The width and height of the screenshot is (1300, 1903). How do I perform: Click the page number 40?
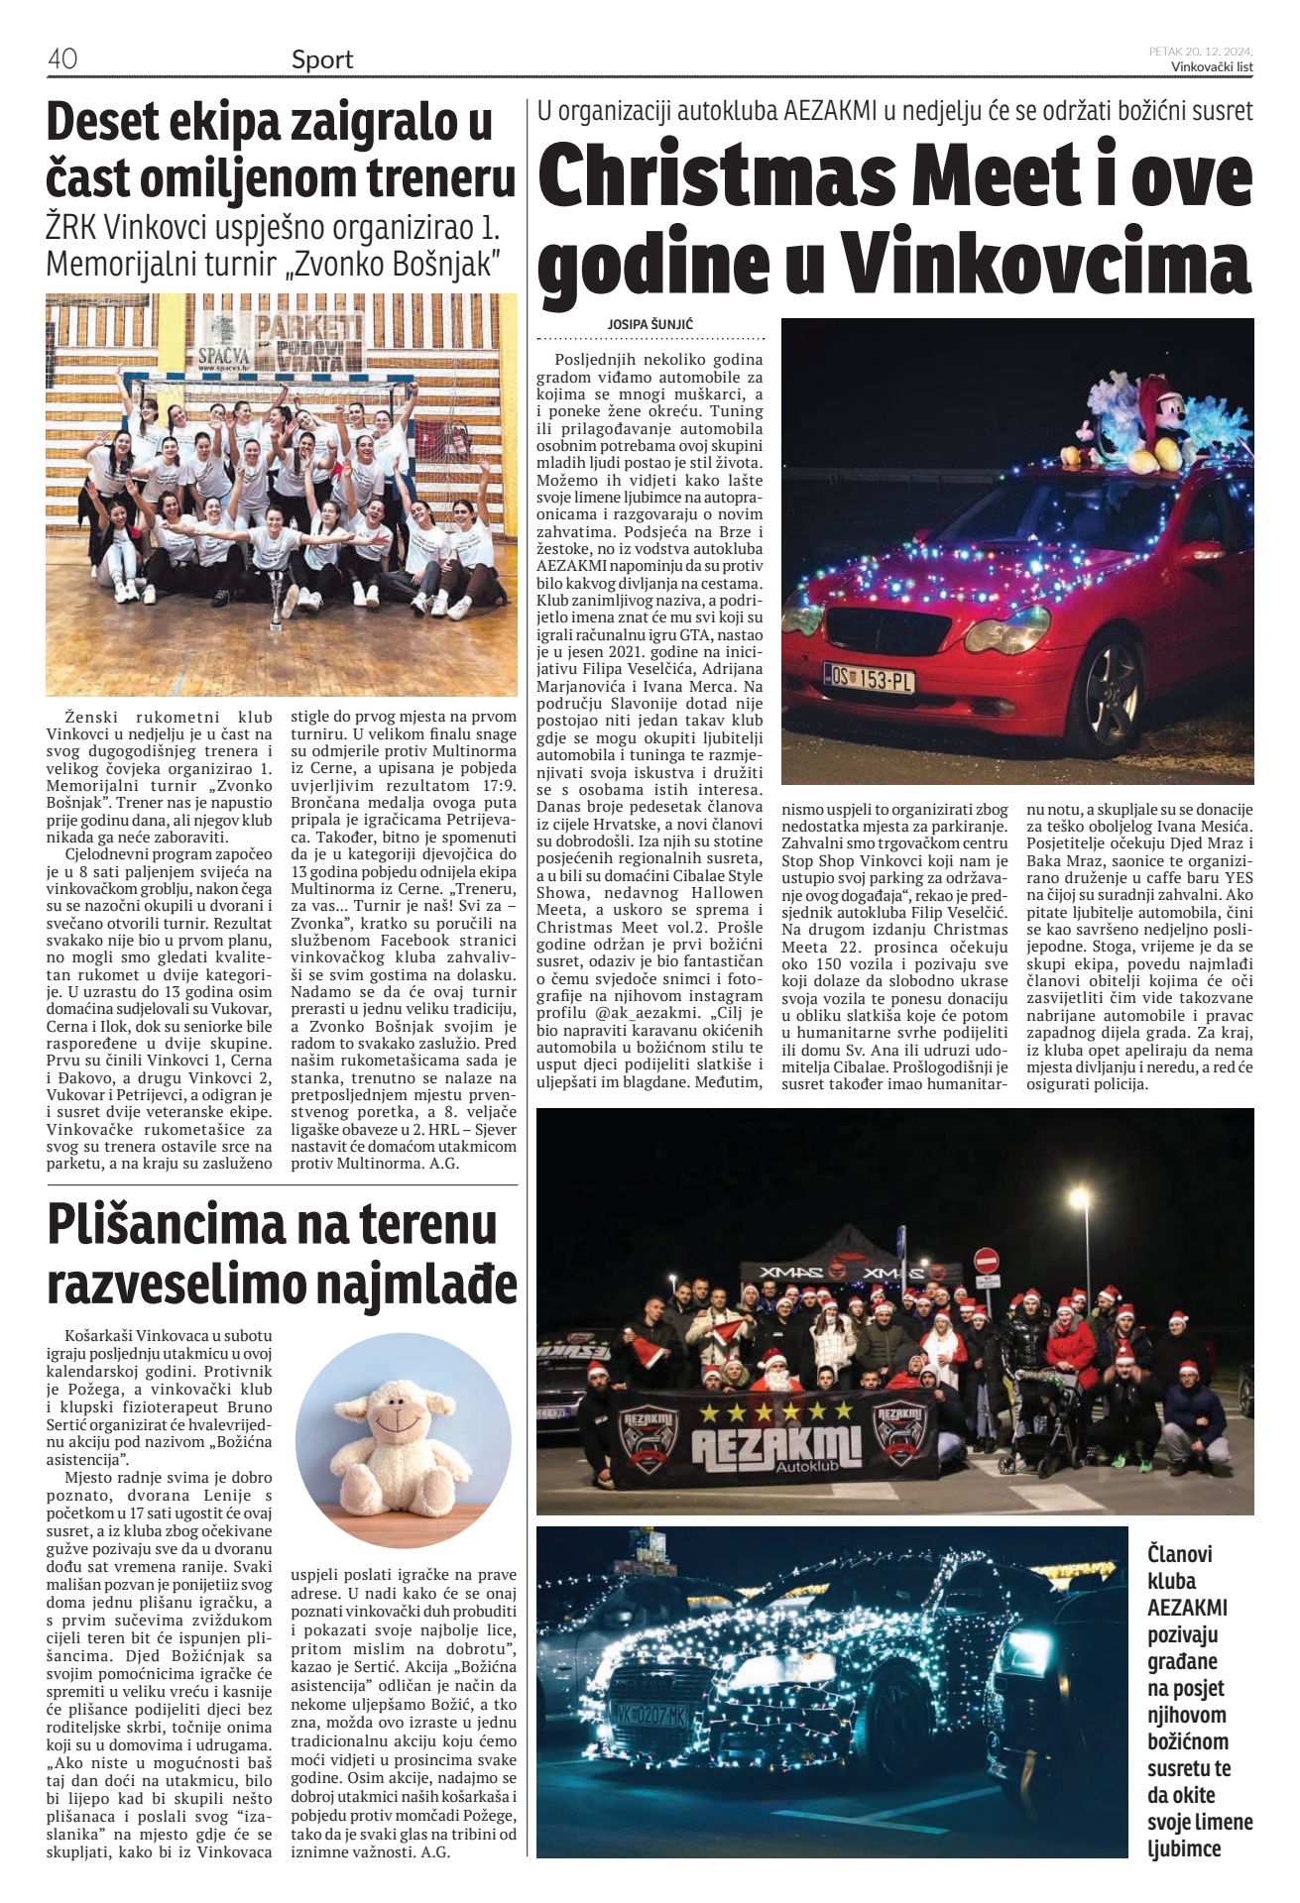tap(61, 59)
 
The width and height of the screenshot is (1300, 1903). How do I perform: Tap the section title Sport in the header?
tap(322, 59)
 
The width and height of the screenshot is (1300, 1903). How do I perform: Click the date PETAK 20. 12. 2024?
tap(1201, 51)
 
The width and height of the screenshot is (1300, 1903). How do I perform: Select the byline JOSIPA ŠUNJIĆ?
tap(650, 324)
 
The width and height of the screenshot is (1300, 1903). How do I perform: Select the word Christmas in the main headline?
tap(717, 174)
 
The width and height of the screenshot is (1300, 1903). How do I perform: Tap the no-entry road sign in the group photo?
tap(986, 1261)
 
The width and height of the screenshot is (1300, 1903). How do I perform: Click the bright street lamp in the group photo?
tap(1079, 1199)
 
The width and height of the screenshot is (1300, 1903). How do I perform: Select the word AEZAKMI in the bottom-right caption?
tap(1187, 1608)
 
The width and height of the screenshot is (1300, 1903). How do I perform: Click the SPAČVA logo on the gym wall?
tap(223, 355)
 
